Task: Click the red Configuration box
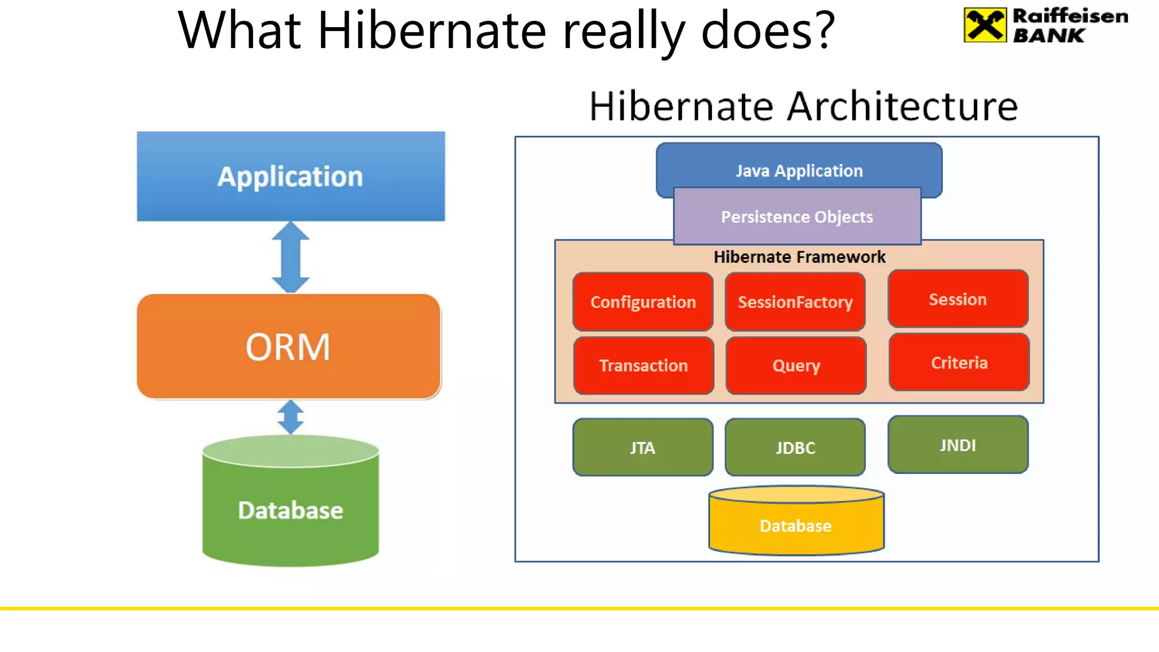coord(643,302)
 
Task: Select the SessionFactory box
coord(795,302)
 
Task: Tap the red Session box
coord(958,299)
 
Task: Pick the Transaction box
coord(643,365)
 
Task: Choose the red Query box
coord(796,365)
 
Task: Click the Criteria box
coord(959,362)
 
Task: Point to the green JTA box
coord(642,447)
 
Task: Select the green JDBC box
coord(795,447)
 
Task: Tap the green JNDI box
coord(958,445)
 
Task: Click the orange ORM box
coord(289,346)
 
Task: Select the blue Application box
coord(290,176)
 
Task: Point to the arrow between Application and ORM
coord(290,257)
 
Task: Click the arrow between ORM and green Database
coord(290,417)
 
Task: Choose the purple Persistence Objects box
coord(797,217)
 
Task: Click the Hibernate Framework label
coord(799,257)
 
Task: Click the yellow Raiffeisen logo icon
coord(985,25)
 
